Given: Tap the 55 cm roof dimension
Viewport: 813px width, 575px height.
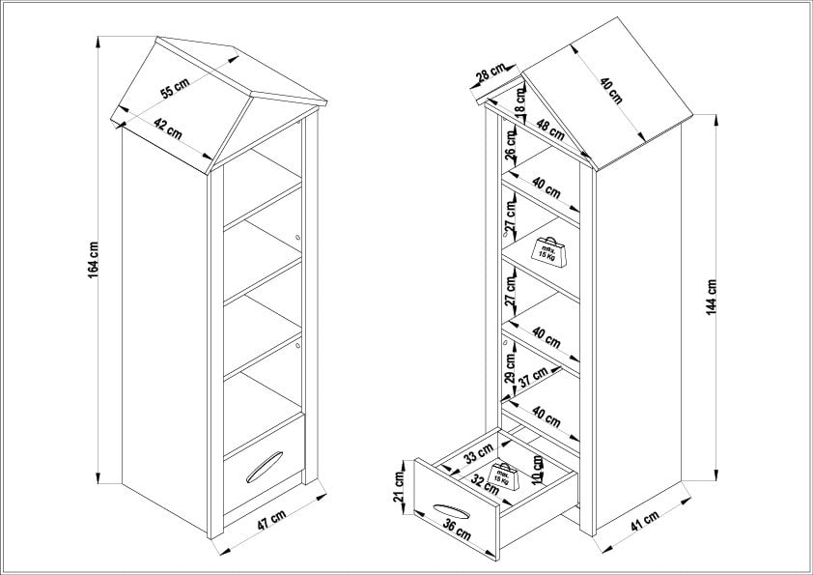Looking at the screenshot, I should coord(174,88).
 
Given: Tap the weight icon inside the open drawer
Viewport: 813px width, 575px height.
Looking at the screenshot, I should coord(505,474).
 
